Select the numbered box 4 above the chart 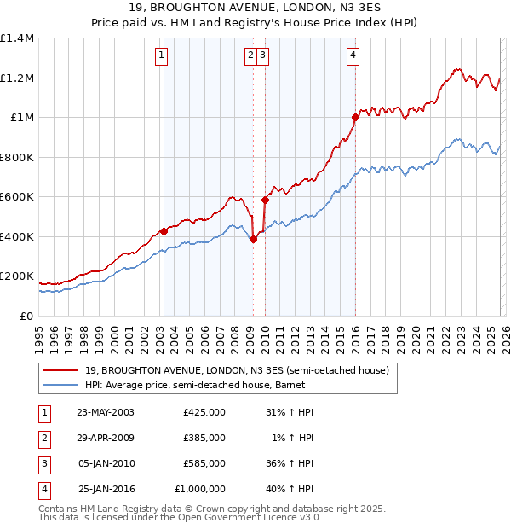(x=353, y=56)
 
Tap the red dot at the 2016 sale (x=355, y=118)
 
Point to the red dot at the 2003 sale (x=164, y=231)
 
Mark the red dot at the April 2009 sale (x=253, y=240)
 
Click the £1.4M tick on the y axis (x=17, y=38)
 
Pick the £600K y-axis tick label (x=17, y=197)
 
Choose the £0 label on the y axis (x=26, y=316)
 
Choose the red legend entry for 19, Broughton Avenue (x=237, y=370)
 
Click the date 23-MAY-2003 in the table (x=106, y=412)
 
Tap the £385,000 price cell (x=204, y=438)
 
